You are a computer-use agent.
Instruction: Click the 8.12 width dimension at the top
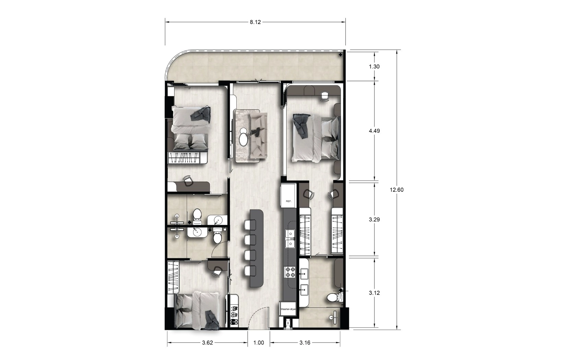255,22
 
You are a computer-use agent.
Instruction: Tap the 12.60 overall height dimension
397,190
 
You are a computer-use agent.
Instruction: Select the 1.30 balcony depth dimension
374,67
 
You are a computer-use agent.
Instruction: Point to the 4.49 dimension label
374,131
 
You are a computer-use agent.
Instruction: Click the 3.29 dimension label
374,219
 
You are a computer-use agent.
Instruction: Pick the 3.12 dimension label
374,293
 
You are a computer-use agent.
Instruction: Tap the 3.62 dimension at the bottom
208,343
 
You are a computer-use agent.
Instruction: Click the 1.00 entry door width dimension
259,343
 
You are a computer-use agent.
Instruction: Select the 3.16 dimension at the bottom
305,343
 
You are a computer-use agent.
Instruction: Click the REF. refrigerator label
288,201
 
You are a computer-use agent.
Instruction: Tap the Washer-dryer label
288,309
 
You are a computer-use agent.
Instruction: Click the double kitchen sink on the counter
290,239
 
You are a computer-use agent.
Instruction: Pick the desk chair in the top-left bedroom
188,181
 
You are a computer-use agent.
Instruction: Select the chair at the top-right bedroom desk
325,96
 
